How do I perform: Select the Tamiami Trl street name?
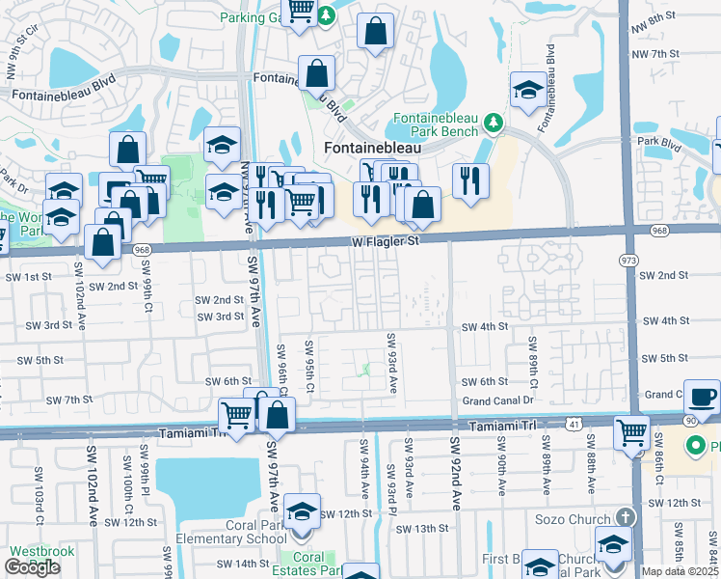point(504,427)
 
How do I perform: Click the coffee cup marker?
point(704,396)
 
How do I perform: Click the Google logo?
point(32,567)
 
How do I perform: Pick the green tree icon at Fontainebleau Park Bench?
point(494,123)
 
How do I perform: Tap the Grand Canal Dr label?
point(497,400)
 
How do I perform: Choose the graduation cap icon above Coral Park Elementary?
point(303,511)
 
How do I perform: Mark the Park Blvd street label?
point(654,142)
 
